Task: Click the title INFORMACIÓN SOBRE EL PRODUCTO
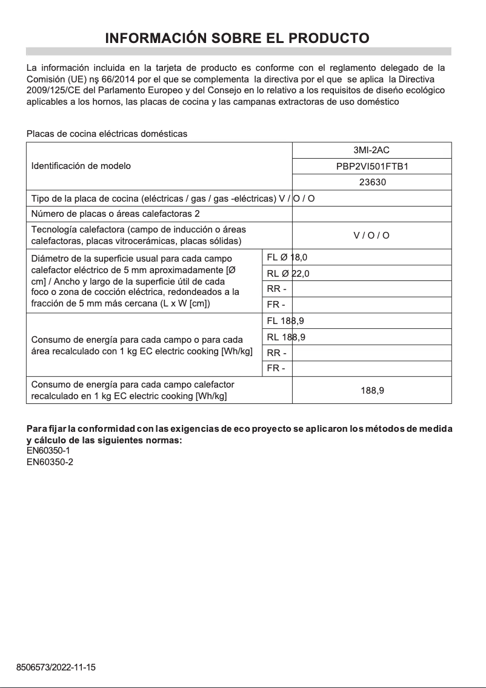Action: (238, 39)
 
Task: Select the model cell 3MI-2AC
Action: (371, 150)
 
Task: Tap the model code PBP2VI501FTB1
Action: (371, 166)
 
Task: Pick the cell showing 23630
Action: (371, 182)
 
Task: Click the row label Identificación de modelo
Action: (81, 166)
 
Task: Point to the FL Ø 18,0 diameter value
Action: (287, 257)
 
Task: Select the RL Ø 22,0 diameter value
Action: (288, 273)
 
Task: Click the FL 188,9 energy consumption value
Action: (285, 321)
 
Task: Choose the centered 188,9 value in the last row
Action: (371, 391)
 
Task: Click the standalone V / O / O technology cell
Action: (371, 236)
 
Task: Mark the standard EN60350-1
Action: (50, 451)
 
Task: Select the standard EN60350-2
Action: (50, 462)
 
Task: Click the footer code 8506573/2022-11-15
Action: (56, 667)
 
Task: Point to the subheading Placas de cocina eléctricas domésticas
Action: (107, 134)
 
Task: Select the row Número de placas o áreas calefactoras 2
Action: (115, 214)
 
